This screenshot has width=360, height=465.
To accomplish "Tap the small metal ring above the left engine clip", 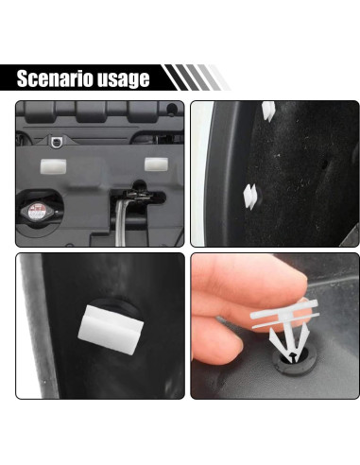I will pos(59,143).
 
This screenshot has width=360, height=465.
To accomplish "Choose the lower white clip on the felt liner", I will pos(252,195).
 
